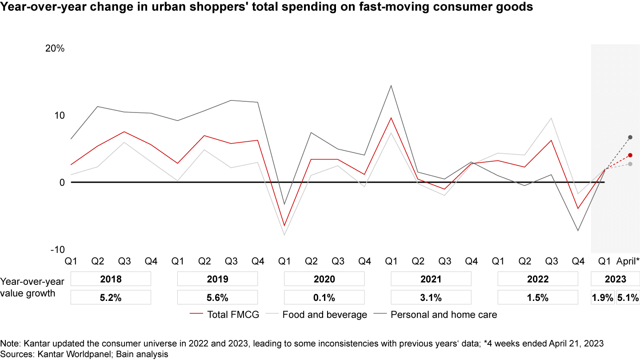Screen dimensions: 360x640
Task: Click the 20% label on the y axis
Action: point(55,48)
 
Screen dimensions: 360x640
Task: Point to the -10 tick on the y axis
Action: point(57,249)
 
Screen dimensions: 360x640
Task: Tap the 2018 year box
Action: point(111,279)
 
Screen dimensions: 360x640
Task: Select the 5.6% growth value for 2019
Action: point(217,297)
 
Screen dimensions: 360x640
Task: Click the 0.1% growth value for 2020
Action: point(324,297)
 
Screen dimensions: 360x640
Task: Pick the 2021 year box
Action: point(431,279)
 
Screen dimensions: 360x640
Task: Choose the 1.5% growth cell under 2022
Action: point(537,297)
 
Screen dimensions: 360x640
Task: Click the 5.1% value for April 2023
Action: point(628,297)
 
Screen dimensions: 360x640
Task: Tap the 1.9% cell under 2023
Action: point(602,297)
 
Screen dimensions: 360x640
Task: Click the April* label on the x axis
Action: point(628,261)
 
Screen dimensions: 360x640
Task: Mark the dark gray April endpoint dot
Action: point(630,137)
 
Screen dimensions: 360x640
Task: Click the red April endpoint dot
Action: point(630,155)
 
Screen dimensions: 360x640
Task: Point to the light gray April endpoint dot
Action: point(630,164)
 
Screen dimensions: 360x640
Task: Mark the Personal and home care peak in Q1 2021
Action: point(391,85)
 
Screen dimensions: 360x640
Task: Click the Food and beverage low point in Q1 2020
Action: point(284,235)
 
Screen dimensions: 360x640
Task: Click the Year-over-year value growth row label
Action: point(32,287)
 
